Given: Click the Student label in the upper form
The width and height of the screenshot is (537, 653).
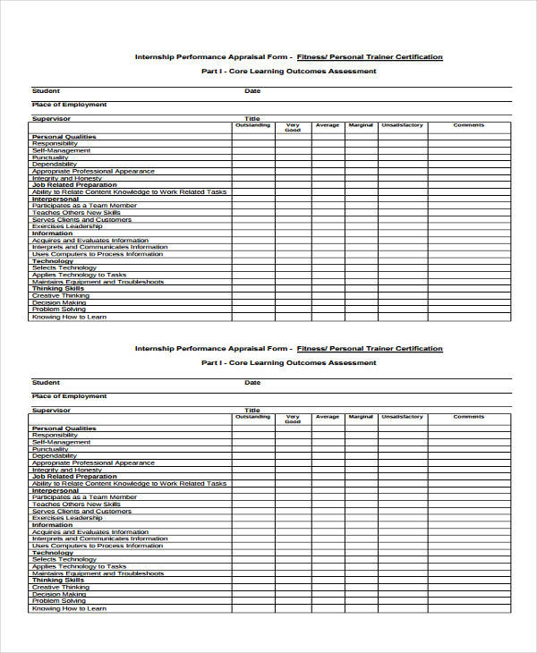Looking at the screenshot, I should click(x=46, y=90).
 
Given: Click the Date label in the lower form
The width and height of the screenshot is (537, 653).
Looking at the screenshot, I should click(x=252, y=382).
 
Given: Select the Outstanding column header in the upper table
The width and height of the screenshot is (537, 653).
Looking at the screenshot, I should click(x=252, y=125).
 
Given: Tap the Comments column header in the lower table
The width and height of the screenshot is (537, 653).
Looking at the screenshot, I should click(x=468, y=417).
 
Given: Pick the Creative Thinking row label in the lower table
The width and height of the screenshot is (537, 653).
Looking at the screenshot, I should click(x=61, y=588).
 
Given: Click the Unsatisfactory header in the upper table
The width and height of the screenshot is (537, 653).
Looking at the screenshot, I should click(x=402, y=125).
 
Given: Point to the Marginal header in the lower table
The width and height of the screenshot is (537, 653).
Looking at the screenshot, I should click(x=361, y=417).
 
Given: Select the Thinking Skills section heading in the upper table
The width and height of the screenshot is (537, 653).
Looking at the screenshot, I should click(x=58, y=289).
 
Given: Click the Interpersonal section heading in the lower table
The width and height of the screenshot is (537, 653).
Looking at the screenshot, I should click(x=55, y=490).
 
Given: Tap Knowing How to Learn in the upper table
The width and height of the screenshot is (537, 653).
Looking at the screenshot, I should click(x=69, y=317).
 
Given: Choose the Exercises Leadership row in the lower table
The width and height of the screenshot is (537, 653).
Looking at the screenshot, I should click(x=67, y=518).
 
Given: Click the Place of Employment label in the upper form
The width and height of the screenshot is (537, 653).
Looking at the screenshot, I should click(x=69, y=105).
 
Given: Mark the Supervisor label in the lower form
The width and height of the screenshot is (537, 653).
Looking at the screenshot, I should click(x=51, y=410).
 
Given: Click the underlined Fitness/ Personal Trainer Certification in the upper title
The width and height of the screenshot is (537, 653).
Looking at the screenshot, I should click(x=370, y=57).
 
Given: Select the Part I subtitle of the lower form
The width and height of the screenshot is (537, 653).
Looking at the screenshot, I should click(x=288, y=362).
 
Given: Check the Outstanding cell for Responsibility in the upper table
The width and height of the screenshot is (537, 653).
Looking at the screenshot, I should click(x=252, y=144).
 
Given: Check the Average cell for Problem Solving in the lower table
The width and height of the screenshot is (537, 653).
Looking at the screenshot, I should click(x=328, y=601).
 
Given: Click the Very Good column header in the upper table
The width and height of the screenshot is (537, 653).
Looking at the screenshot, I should click(x=293, y=128).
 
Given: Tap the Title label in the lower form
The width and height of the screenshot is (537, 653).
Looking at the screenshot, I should click(x=252, y=410).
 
